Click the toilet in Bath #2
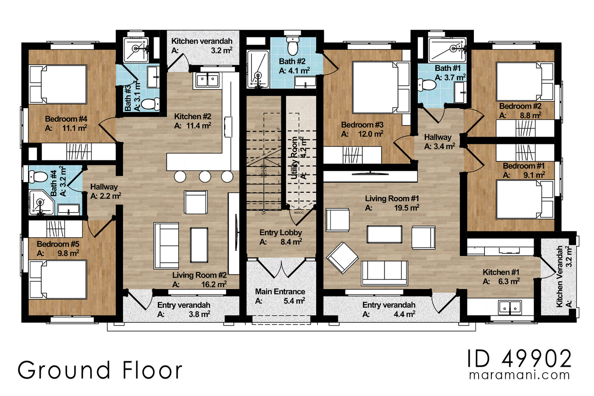pyautogui.click(x=292, y=44)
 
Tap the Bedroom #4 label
pyautogui.click(x=66, y=119)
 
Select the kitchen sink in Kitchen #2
pyautogui.click(x=207, y=79)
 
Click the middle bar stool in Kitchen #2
pyautogui.click(x=205, y=177)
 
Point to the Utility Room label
pyautogui.click(x=294, y=158)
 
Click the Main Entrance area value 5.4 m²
pyautogui.click(x=294, y=301)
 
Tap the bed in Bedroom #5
pyautogui.click(x=58, y=279)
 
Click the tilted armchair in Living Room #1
pyautogui.click(x=342, y=257)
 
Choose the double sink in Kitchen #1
pyautogui.click(x=510, y=306)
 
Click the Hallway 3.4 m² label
pyautogui.click(x=438, y=137)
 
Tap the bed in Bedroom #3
pyautogui.click(x=381, y=87)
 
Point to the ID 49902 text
pyautogui.click(x=520, y=359)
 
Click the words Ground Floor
pyautogui.click(x=100, y=370)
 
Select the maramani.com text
pyautogui.click(x=519, y=375)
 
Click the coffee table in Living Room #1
pyautogui.click(x=384, y=234)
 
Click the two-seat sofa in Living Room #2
pyautogui.click(x=166, y=245)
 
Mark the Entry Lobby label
pyautogui.click(x=280, y=233)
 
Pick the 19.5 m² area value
pyautogui.click(x=406, y=208)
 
